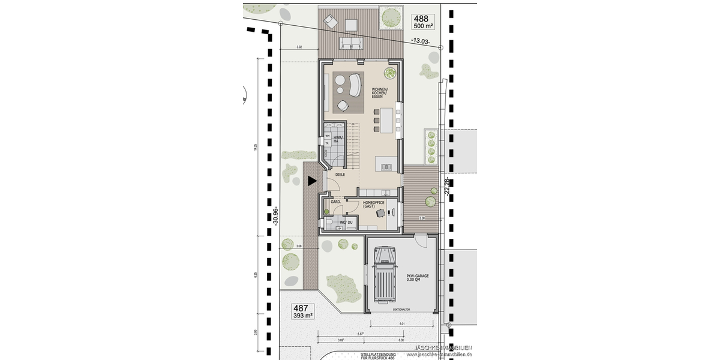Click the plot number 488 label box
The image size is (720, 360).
click(x=424, y=22)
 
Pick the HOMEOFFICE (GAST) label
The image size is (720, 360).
click(x=373, y=205)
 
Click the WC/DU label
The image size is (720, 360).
click(x=346, y=223)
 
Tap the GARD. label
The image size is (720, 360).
click(x=335, y=202)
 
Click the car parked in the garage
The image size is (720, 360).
click(x=383, y=276)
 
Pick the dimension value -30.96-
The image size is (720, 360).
click(x=275, y=216)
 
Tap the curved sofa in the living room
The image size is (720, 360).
click(x=351, y=85)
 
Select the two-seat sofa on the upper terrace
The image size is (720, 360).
click(x=350, y=43)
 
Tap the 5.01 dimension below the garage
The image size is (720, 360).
click(x=401, y=324)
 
